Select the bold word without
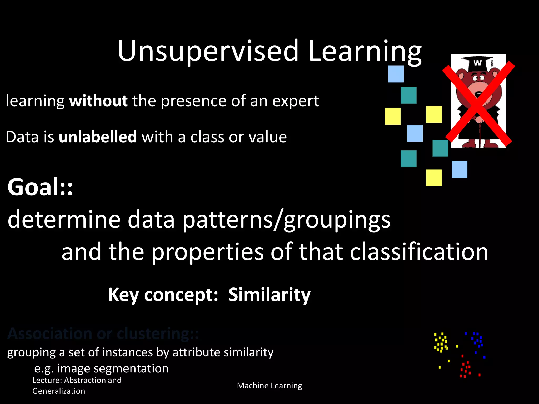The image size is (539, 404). click(98, 101)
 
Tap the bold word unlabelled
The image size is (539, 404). click(98, 137)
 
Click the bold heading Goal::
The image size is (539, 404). click(40, 187)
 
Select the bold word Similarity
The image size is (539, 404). click(269, 295)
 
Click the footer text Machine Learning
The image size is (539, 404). click(269, 386)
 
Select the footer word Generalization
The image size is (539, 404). click(59, 391)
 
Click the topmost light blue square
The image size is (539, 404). click(396, 74)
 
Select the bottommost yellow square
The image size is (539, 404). click(434, 178)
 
